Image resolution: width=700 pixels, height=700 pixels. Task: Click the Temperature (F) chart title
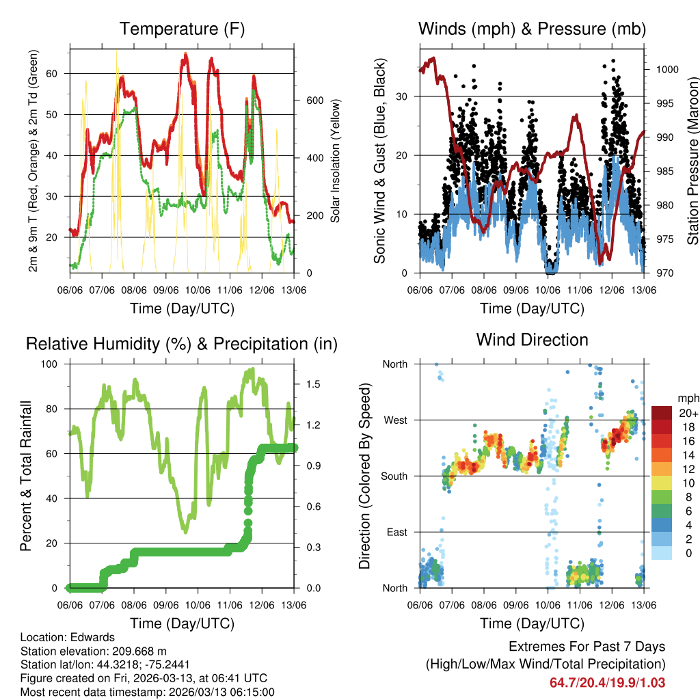pyautogui.click(x=182, y=29)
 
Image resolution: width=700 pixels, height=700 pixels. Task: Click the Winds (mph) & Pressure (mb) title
pyautogui.click(x=532, y=29)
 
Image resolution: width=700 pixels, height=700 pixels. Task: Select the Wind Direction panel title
pyautogui.click(x=532, y=339)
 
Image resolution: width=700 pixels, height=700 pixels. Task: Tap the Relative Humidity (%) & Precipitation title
pyautogui.click(x=182, y=344)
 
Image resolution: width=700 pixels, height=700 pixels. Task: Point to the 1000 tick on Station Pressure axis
pyautogui.click(x=667, y=69)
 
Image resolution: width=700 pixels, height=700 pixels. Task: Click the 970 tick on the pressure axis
pyautogui.click(x=664, y=273)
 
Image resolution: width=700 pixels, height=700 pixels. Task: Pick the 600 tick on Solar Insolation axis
pyautogui.click(x=314, y=100)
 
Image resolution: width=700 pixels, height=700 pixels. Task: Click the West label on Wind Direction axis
pyautogui.click(x=394, y=420)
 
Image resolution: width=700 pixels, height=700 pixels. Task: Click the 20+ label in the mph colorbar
pyautogui.click(x=687, y=413)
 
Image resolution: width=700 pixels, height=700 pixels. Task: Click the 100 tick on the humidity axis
pyautogui.click(x=51, y=364)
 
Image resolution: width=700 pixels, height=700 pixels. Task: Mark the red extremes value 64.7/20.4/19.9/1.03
pyautogui.click(x=607, y=682)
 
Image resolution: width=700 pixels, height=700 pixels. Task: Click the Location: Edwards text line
pyautogui.click(x=68, y=638)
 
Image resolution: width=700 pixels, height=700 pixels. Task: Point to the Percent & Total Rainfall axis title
pyautogui.click(x=25, y=476)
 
